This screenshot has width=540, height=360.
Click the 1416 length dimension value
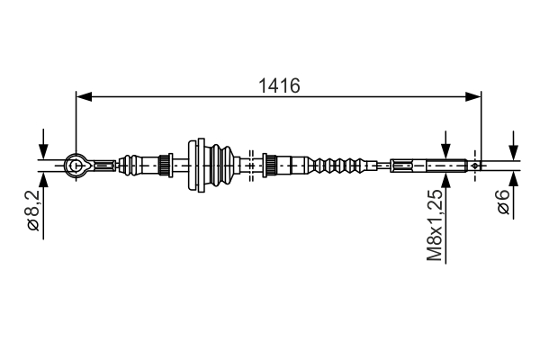click(x=279, y=85)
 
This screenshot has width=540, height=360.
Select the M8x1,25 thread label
click(x=435, y=224)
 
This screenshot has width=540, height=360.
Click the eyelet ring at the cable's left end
click(x=76, y=163)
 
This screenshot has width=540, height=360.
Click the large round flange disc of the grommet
click(x=195, y=164)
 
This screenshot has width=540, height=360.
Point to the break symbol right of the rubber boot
click(x=250, y=164)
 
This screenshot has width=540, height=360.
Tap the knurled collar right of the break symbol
click(x=268, y=164)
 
